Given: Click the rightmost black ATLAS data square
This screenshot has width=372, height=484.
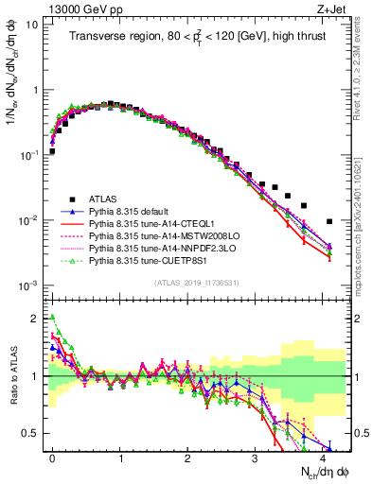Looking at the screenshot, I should point(328,221).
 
